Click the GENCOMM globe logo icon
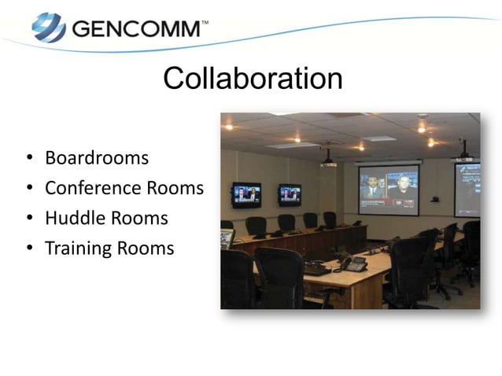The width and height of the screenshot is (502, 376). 48,28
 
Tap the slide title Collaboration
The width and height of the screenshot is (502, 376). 252,79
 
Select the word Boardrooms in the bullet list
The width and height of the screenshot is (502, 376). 97,157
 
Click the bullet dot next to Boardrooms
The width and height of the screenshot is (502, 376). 29,159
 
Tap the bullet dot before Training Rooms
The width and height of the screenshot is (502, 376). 29,249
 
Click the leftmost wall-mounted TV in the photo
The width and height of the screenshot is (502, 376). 245,194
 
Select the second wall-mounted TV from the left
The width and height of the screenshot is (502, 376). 290,194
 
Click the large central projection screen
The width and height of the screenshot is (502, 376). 389,190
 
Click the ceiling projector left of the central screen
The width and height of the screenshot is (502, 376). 328,161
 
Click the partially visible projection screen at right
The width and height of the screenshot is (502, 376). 467,190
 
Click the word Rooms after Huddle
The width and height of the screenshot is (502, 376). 139,218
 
